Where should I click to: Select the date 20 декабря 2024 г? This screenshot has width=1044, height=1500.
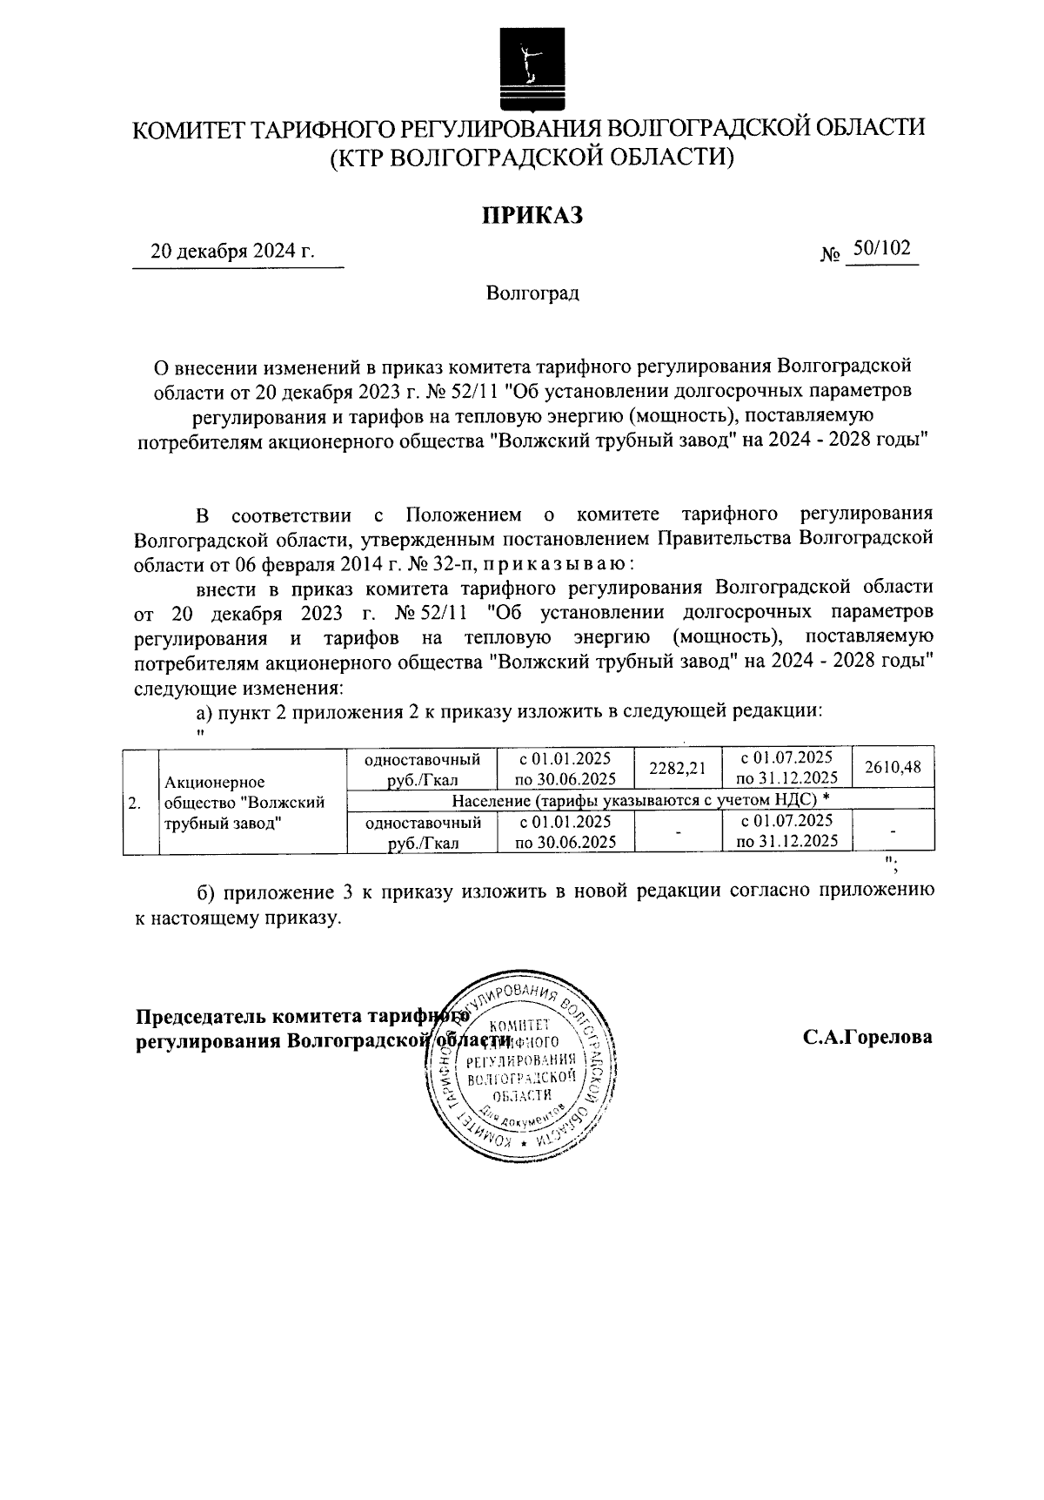232,252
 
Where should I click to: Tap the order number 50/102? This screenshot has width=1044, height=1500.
881,250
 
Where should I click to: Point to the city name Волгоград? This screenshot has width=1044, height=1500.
532,293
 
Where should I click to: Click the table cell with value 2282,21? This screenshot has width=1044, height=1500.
679,768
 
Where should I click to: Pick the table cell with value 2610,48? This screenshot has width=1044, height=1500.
893,766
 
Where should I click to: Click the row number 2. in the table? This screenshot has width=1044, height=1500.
135,802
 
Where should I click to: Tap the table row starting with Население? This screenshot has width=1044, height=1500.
639,800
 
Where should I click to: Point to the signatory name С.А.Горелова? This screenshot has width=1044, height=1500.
867,1038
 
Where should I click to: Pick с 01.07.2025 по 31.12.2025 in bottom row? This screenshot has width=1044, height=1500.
786,831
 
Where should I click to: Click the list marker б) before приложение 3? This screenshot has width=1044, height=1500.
206,893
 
